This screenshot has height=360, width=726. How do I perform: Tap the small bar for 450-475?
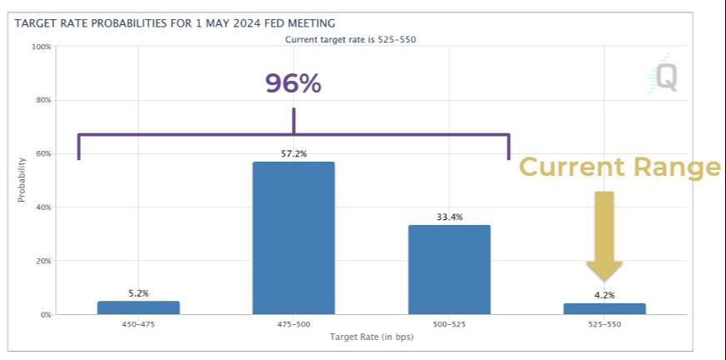138,307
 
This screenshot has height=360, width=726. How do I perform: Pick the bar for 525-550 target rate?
603,308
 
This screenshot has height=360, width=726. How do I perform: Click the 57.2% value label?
293,154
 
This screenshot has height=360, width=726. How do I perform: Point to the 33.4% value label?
448,217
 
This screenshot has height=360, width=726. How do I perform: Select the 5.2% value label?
138,293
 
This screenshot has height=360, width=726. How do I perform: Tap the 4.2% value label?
603,295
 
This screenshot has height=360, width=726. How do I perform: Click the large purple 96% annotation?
293,83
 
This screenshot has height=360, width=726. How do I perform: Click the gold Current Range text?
618,167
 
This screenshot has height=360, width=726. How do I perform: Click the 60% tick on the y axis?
43,153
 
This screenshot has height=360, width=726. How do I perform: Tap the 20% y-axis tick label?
43,261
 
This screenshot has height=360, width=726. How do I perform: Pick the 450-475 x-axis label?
138,325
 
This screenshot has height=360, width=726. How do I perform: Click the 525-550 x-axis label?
603,325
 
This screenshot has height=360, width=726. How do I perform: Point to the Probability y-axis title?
22,180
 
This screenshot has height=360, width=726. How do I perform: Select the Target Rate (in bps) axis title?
371,337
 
